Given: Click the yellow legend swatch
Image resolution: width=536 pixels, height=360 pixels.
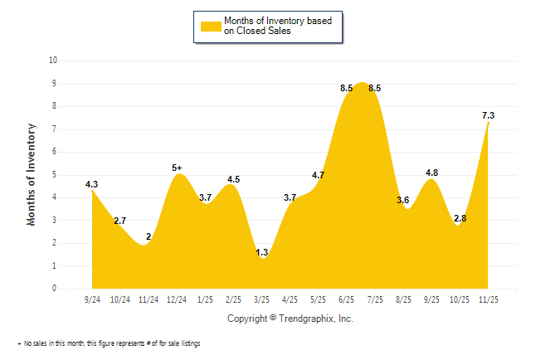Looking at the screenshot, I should point(211,26).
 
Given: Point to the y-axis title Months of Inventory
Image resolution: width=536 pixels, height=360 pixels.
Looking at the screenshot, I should point(32,174).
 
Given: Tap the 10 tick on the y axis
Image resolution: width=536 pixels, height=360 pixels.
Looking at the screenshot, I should point(53,61).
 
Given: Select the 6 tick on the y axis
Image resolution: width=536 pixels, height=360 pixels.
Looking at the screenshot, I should point(55,152).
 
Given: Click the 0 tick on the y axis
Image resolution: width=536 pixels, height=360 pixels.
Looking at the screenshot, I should point(55,289).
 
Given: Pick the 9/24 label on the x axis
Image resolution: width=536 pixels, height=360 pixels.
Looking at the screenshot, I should point(92,299).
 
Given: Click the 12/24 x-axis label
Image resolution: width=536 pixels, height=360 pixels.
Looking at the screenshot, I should point(177,299).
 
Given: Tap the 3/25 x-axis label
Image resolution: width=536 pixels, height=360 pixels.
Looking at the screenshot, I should point(262,299).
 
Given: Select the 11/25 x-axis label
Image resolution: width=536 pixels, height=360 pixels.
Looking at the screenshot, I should point(489,299).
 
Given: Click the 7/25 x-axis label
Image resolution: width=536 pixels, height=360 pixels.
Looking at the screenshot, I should point(375,299).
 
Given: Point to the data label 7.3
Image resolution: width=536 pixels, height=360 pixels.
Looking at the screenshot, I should point(489,116).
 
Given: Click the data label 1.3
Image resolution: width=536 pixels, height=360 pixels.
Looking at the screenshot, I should point(262,252).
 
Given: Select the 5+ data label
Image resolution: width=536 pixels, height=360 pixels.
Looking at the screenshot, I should point(178,168).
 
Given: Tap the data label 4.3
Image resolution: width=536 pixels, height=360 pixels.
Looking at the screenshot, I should point(92,184).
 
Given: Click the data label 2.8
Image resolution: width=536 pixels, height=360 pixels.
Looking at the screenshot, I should point(460,218).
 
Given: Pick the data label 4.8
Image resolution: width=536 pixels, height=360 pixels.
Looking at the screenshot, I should point(431,173).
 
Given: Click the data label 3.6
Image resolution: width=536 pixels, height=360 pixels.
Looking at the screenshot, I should point(404,200).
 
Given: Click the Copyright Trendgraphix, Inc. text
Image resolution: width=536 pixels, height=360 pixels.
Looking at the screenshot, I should point(290,319).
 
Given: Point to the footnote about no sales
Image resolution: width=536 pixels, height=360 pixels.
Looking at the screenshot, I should point(109,343).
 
